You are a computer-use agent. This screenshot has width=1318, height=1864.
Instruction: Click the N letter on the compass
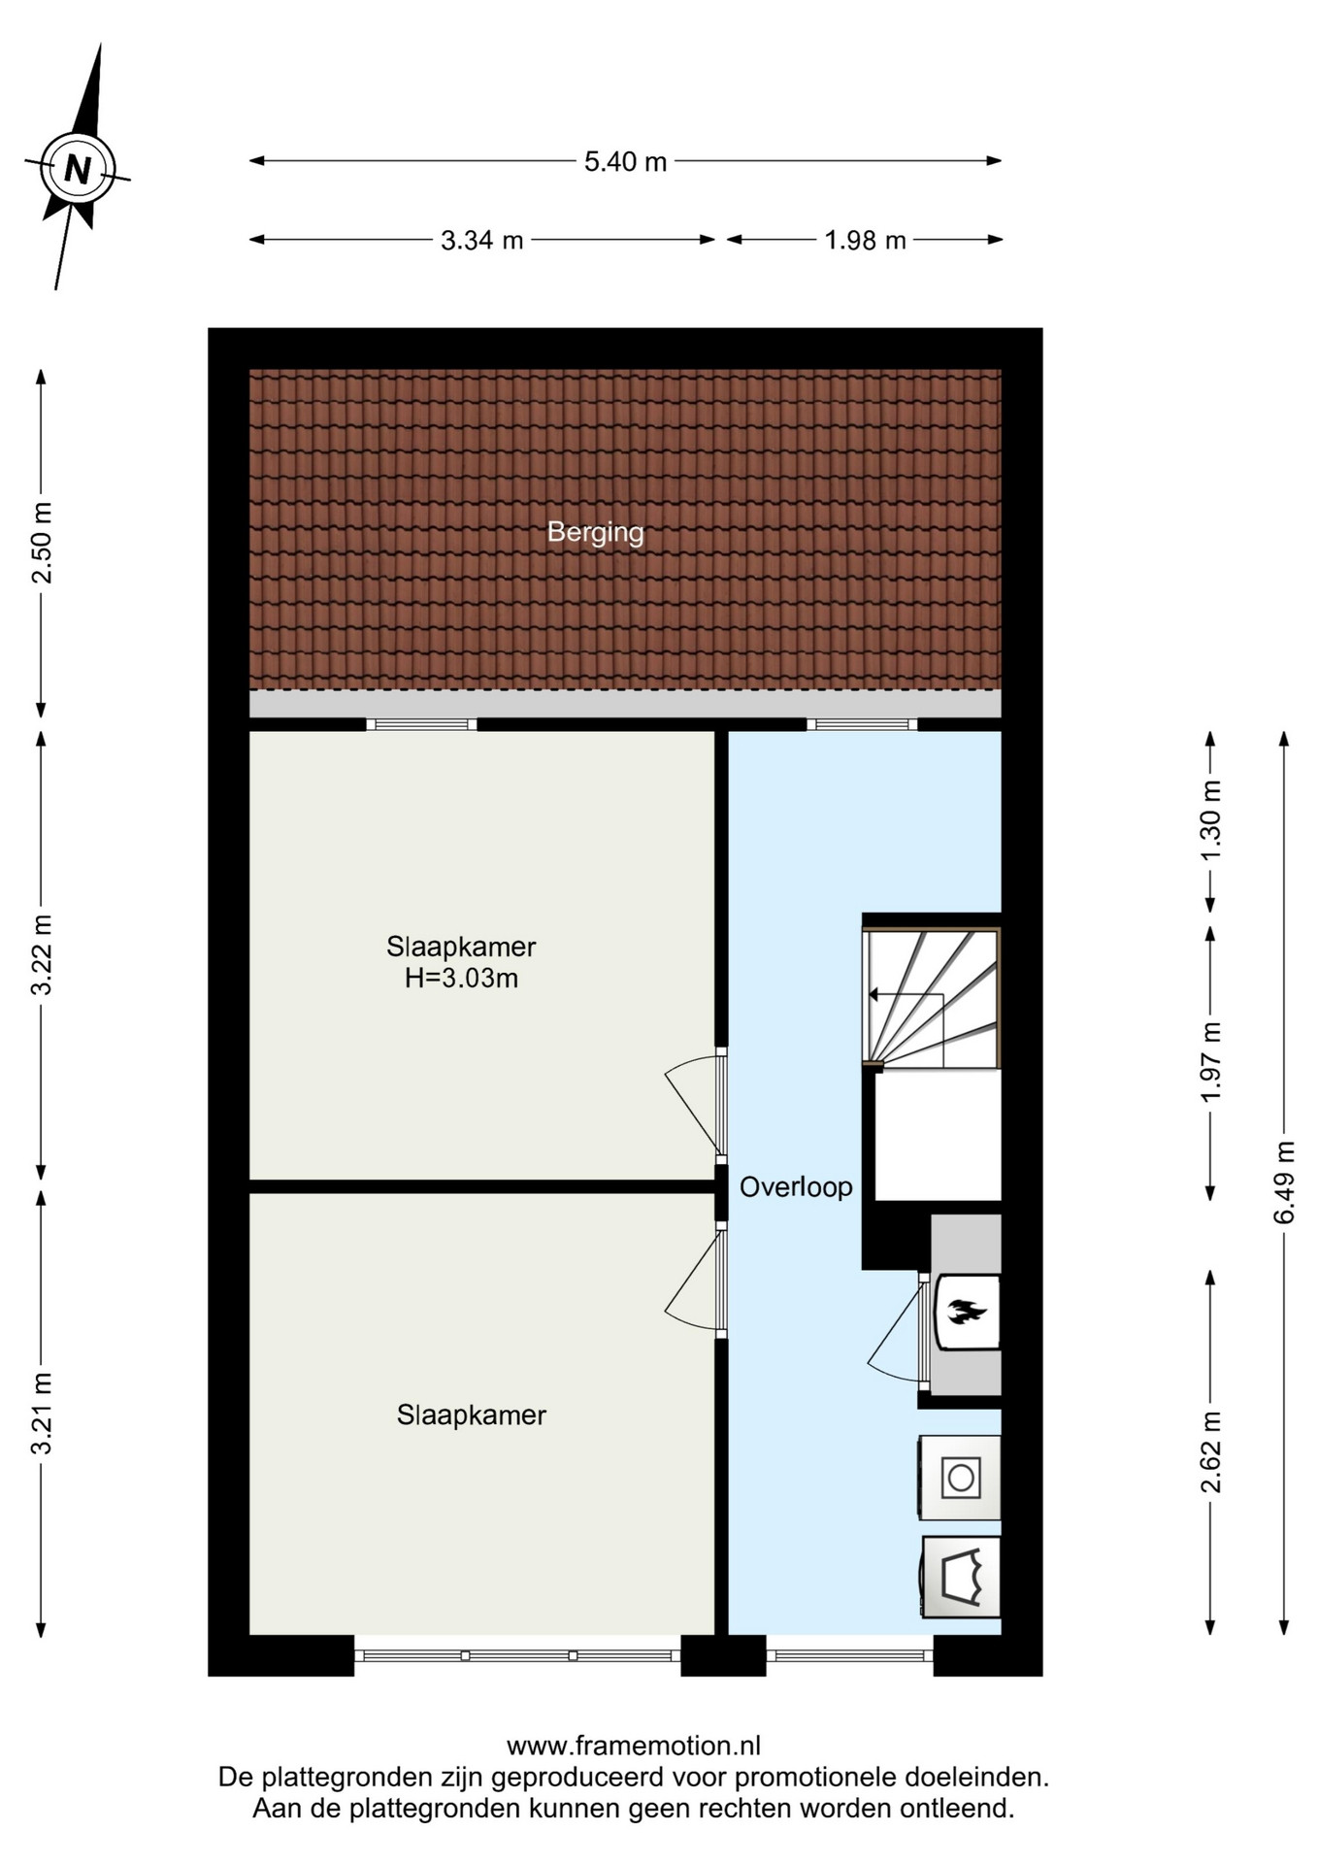tap(77, 170)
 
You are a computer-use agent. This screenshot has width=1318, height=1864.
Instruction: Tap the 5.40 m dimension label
tap(625, 161)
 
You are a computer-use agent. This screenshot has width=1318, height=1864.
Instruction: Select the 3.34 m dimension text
tap(481, 240)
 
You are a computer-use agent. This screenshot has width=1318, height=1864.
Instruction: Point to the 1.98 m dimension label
tap(865, 240)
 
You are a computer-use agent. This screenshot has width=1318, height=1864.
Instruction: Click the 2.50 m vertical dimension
tap(42, 543)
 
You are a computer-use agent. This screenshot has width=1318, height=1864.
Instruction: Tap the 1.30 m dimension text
tap(1210, 820)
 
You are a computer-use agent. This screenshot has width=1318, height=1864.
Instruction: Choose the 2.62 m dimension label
tap(1210, 1452)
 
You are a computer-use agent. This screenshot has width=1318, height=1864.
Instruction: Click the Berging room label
tap(595, 533)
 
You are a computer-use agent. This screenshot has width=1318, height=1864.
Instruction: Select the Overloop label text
tap(796, 1186)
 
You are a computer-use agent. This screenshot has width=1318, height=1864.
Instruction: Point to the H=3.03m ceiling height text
tap(461, 978)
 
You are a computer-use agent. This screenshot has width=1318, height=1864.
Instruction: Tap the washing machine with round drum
tap(960, 1478)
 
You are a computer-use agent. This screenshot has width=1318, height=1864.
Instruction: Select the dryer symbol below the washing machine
tap(961, 1577)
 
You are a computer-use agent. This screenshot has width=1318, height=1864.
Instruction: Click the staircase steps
tap(932, 998)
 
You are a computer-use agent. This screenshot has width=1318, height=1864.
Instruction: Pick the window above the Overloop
tap(862, 724)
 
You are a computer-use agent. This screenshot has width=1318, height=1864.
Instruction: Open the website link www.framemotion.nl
tap(634, 1746)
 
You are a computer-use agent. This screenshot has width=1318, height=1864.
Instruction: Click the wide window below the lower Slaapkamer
tap(517, 1655)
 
